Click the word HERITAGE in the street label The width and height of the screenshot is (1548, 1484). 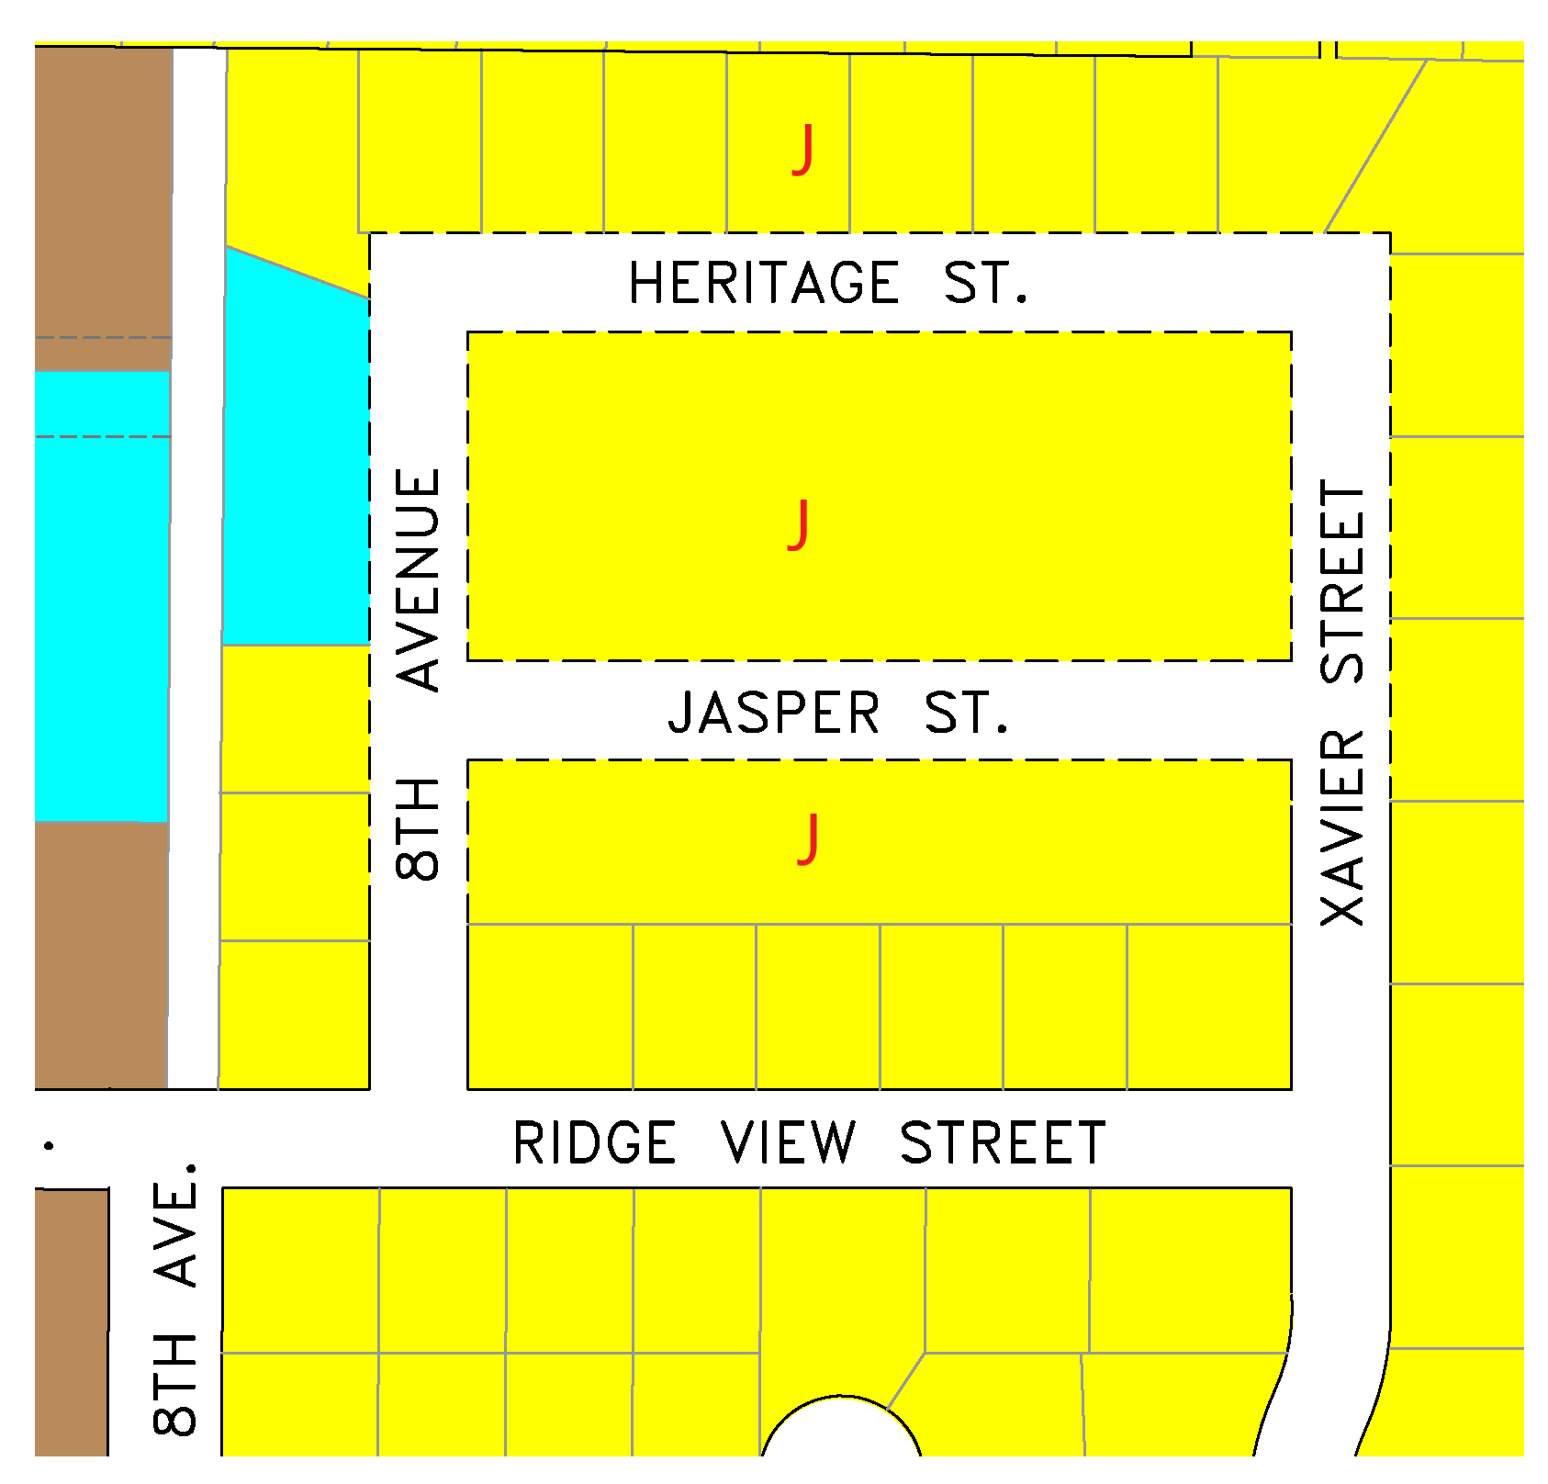click(763, 283)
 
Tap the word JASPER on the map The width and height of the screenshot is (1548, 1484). click(773, 714)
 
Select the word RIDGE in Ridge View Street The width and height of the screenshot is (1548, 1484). click(594, 1143)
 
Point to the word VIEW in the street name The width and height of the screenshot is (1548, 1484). click(789, 1143)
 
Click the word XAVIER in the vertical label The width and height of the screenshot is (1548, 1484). click(1342, 826)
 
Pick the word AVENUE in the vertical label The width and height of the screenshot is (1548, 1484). click(419, 579)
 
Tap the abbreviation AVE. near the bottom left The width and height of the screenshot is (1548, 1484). click(176, 1224)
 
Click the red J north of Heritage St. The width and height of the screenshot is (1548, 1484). click(803, 150)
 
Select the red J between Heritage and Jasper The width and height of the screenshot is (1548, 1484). click(800, 524)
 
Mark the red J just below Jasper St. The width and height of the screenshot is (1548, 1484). click(808, 838)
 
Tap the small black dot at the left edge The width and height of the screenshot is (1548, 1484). click(49, 1145)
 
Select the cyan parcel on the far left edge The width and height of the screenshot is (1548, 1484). click(101, 624)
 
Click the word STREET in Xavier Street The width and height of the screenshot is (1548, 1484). click(1342, 581)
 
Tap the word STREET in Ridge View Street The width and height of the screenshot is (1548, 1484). click(1003, 1143)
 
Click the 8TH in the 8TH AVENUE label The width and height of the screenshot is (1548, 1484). click(419, 828)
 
